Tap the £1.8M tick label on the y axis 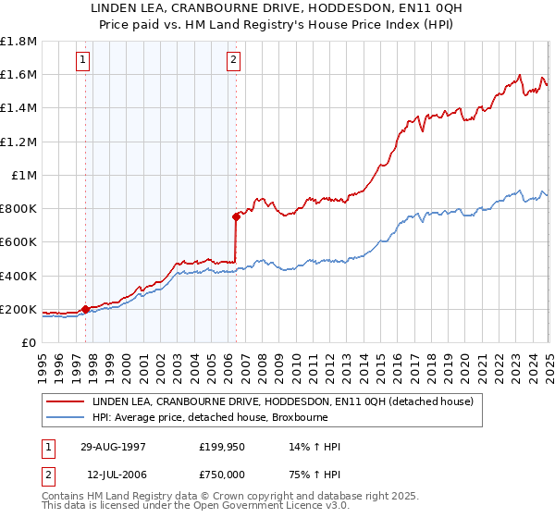tap(18, 42)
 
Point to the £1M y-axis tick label tap(24, 175)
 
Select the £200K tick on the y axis tap(18, 309)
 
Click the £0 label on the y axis tap(30, 342)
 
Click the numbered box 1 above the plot tap(83, 61)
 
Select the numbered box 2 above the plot tap(232, 61)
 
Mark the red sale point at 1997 tap(86, 309)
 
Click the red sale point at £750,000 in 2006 tap(236, 217)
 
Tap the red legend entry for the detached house tap(282, 401)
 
